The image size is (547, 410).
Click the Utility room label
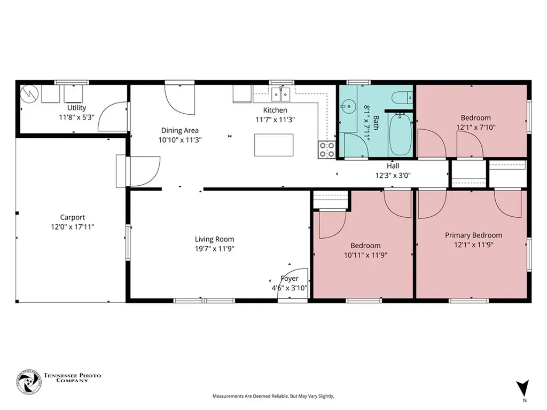tap(76, 108)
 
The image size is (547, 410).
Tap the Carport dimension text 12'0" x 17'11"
tap(73, 227)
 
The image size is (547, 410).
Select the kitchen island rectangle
tap(273, 145)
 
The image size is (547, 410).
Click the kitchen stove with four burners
tap(327, 149)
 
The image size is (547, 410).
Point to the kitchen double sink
tap(281, 94)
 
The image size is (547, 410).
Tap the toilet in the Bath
tap(402, 98)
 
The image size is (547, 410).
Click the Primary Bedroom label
tap(473, 235)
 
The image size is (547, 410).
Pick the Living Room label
tap(215, 239)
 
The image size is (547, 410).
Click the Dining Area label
tap(179, 130)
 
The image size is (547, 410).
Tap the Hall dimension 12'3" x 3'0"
tap(393, 175)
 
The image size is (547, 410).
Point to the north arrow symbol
tap(523, 388)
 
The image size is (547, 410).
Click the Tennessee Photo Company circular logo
tap(29, 382)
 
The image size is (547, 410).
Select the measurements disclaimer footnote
tap(273, 396)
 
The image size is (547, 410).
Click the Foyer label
tap(290, 279)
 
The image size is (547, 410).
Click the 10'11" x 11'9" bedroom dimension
tap(365, 255)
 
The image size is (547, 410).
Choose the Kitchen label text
tap(275, 110)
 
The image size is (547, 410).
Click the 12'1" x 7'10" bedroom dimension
tap(476, 128)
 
